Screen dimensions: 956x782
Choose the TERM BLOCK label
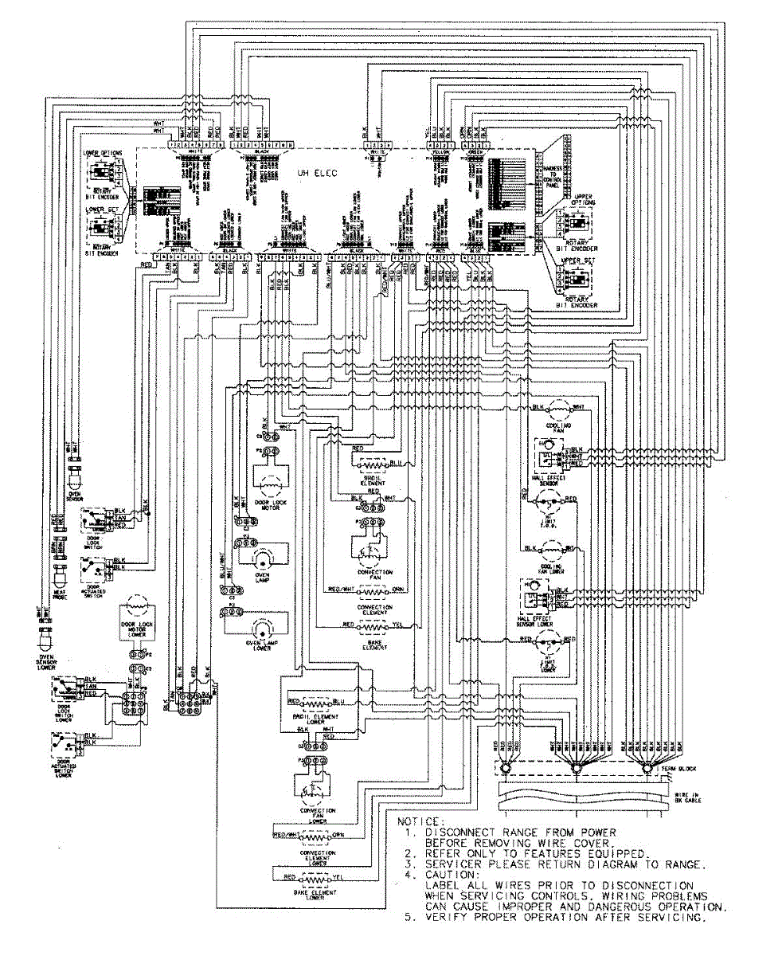click(x=682, y=768)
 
